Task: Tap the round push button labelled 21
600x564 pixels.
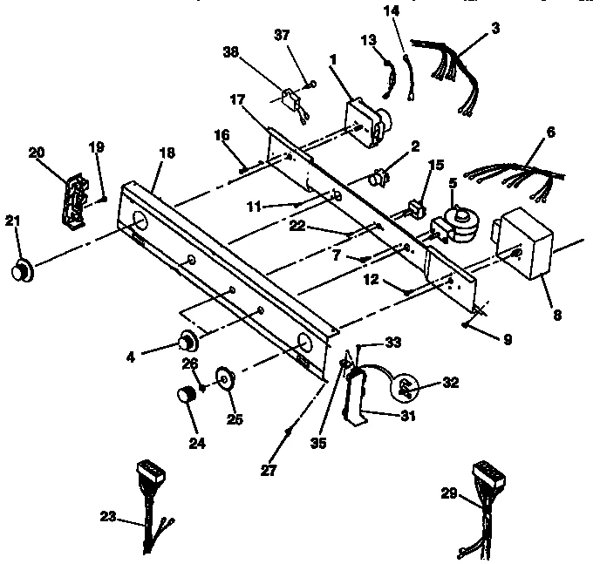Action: click(21, 270)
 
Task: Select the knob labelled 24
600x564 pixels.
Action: click(185, 396)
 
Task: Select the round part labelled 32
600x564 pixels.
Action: click(406, 386)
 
